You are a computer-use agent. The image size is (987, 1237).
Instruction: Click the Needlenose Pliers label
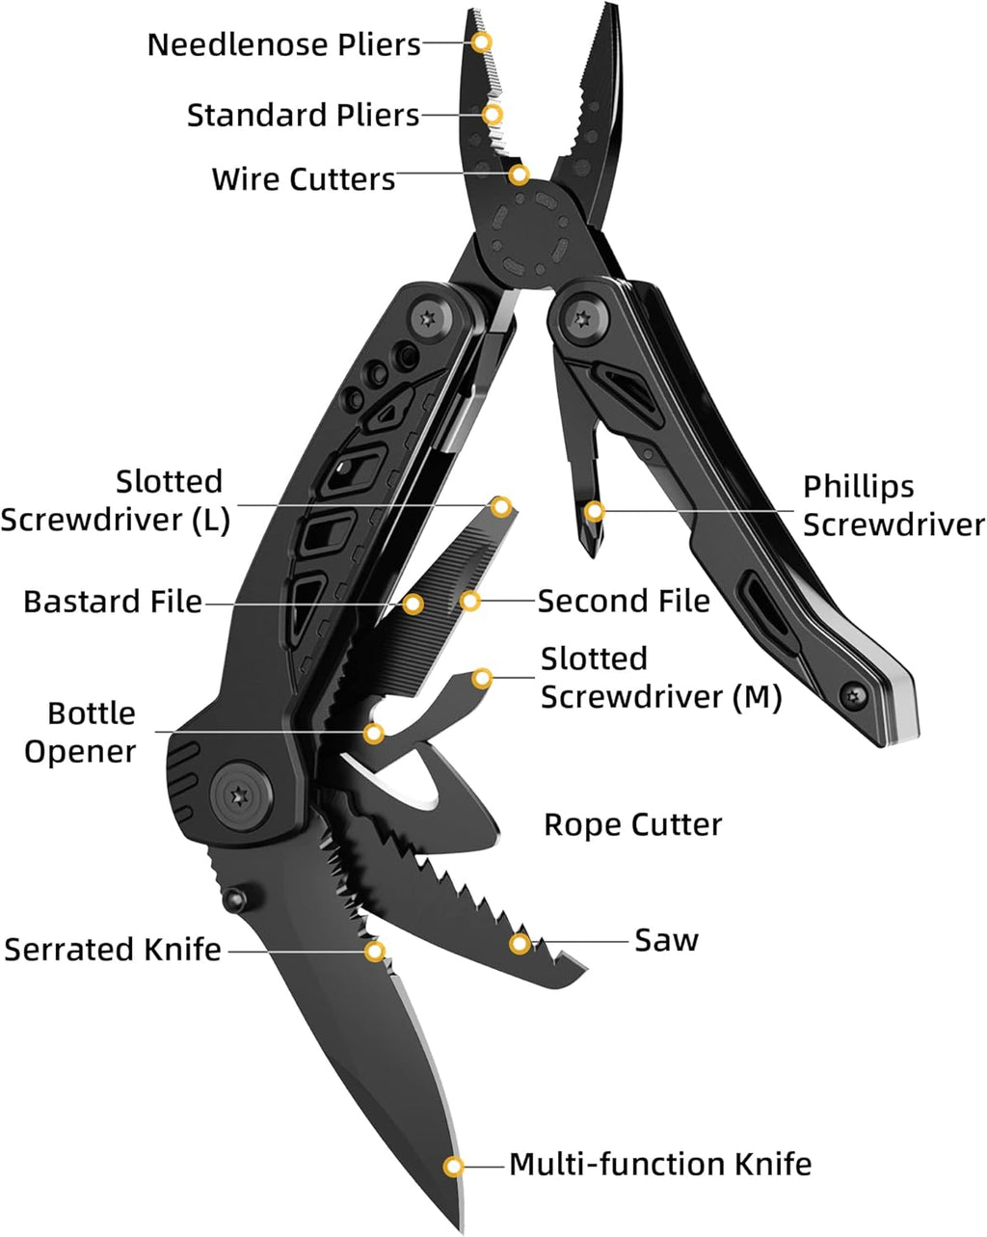(x=284, y=44)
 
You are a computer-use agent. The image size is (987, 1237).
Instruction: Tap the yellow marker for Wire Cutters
(x=520, y=175)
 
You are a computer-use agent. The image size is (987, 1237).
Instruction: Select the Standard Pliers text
(x=304, y=116)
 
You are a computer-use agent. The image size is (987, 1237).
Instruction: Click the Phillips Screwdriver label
(x=894, y=505)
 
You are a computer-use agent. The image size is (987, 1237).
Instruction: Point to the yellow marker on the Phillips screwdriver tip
(x=595, y=510)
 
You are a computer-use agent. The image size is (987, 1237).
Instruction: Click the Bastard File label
(x=113, y=602)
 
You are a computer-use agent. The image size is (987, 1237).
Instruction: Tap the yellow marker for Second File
(x=470, y=602)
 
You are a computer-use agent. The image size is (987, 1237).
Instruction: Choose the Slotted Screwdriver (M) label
(x=660, y=678)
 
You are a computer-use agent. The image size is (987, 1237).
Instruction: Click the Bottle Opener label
(x=81, y=733)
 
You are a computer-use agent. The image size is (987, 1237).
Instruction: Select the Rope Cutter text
(x=632, y=825)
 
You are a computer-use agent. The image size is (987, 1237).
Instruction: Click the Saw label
(x=666, y=940)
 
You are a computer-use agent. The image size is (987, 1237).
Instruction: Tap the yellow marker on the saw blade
(x=520, y=944)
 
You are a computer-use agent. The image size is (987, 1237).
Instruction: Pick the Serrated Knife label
(x=113, y=950)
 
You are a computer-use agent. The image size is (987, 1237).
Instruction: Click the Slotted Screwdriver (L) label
(x=115, y=501)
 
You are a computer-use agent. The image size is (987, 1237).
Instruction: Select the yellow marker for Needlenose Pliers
(x=482, y=41)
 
